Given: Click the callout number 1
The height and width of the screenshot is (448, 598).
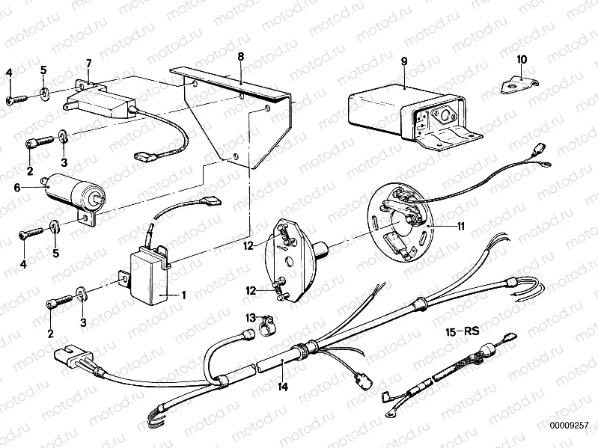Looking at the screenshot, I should (182, 295).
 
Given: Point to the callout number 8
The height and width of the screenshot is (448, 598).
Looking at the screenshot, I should (240, 57).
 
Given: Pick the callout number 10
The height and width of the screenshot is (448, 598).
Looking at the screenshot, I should (522, 58).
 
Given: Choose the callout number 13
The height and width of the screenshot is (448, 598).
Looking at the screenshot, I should (251, 317).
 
